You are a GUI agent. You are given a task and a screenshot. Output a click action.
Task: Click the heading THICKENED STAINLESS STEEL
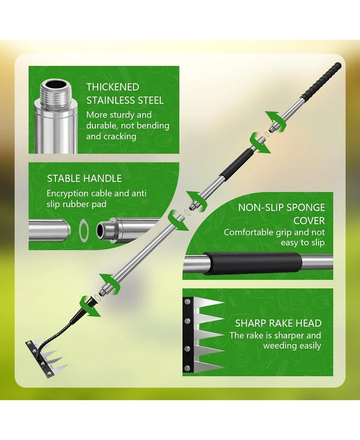point(125,94)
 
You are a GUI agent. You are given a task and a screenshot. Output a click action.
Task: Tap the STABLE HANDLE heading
point(84,178)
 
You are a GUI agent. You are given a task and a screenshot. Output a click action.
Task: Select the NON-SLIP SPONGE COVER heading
point(281,214)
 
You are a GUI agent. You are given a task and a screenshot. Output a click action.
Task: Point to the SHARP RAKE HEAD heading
point(278,323)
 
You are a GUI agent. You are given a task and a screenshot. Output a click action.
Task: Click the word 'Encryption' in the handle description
point(67,194)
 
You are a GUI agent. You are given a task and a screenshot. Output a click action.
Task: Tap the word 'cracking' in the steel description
point(120,136)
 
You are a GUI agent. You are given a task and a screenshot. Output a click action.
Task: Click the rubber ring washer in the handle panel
point(84,231)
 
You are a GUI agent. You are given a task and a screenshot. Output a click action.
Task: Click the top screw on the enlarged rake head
point(188,302)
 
